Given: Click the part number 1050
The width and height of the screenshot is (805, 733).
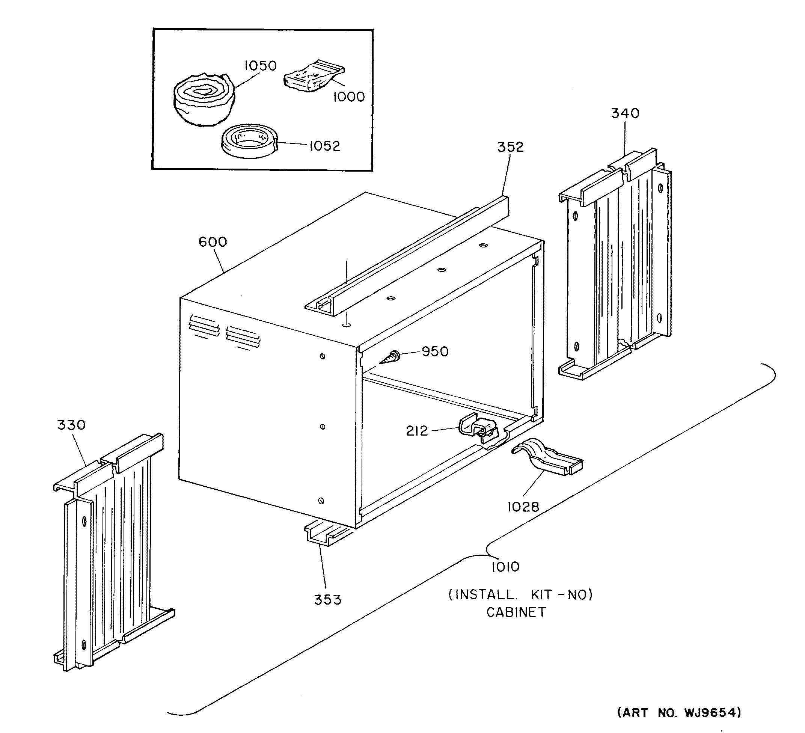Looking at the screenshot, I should [260, 65].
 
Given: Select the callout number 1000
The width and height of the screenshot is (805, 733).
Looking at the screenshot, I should [349, 97].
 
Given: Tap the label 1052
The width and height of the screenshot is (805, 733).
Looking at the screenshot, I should [325, 146].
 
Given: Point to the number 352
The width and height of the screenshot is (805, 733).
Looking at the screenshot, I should [510, 147].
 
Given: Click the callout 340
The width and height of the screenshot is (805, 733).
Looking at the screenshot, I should [625, 113].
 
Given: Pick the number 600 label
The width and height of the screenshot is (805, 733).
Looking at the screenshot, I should [213, 242].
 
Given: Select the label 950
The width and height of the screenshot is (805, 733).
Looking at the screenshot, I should [435, 351].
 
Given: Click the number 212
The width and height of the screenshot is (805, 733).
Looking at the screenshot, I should [417, 431].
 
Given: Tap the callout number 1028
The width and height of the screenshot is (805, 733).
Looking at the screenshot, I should [523, 507].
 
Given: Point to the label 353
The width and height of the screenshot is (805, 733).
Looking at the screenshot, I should [327, 600].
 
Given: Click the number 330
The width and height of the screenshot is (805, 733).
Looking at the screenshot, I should [71, 425].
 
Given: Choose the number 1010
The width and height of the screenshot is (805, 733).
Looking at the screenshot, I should [505, 567].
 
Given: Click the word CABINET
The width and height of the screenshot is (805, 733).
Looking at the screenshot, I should [516, 612].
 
